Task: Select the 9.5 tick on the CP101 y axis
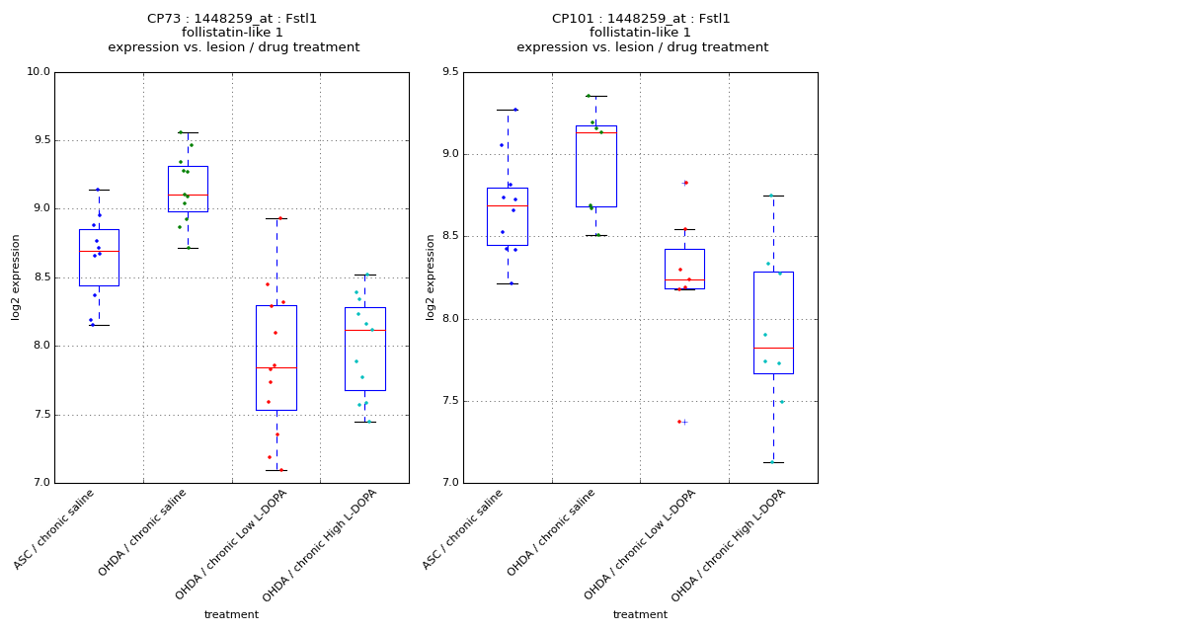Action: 449,72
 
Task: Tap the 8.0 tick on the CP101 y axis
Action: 449,319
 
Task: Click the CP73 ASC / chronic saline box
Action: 99,258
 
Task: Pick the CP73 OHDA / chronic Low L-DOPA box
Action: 276,357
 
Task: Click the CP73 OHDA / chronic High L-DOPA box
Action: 365,349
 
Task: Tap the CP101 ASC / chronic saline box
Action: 507,216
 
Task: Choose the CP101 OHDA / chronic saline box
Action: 596,166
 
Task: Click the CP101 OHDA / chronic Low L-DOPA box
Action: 684,269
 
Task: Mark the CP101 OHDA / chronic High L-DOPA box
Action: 773,323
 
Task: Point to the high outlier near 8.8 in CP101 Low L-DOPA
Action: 683,183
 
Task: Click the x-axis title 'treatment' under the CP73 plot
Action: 231,615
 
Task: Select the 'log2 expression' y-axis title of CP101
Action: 431,276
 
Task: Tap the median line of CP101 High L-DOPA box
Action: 773,348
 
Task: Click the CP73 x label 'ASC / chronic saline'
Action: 55,530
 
